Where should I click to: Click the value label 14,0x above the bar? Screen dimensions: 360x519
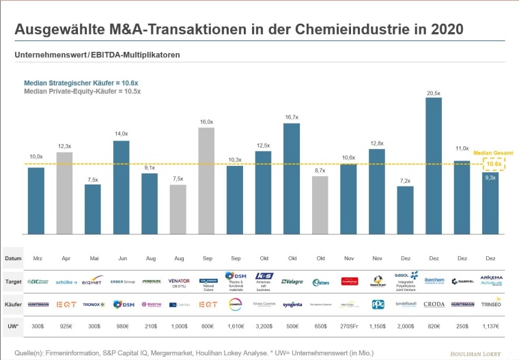coord(121,134)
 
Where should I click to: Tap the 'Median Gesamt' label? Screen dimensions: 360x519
coord(494,153)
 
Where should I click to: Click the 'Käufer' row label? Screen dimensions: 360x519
coord(13,305)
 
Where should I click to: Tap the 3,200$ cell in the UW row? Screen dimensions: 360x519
coord(263,327)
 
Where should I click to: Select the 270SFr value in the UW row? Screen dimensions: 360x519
coord(348,327)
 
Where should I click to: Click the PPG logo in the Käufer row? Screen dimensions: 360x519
coord(377,305)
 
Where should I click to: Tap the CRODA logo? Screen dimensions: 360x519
coord(434,305)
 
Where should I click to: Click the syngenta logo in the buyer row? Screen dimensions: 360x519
coord(292,305)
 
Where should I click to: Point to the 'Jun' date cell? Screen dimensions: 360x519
coord(121,260)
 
